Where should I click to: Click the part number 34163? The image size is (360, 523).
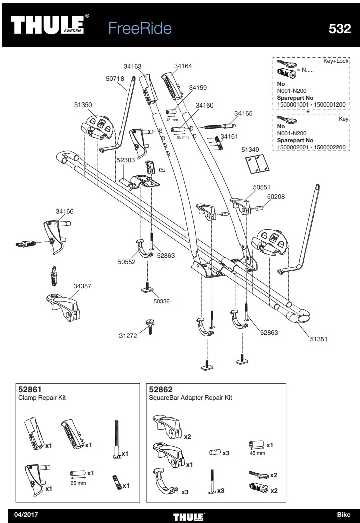click(132, 66)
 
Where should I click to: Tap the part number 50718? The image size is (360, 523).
click(115, 79)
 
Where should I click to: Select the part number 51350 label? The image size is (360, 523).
click(83, 106)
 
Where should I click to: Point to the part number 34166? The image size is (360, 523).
click(64, 212)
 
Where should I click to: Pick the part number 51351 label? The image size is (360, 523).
click(318, 339)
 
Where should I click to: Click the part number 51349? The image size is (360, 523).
click(250, 149)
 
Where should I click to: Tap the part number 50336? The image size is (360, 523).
click(161, 301)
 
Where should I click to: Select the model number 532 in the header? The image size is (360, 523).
click(339, 29)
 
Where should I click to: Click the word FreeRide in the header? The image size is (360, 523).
click(140, 29)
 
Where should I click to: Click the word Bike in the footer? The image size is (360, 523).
click(344, 515)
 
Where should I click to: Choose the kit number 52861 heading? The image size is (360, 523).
click(29, 389)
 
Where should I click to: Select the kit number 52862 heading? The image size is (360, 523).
click(161, 389)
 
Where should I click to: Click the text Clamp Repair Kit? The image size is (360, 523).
click(43, 398)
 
